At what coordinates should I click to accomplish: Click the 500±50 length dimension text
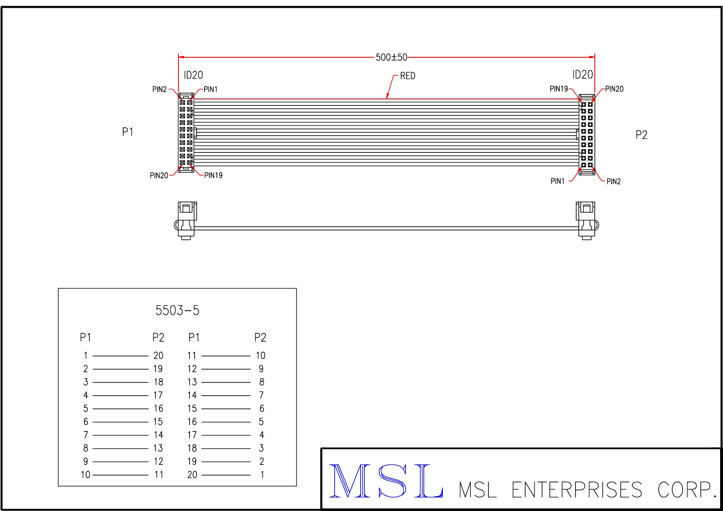tap(391, 57)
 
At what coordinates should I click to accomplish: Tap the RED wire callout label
tap(408, 76)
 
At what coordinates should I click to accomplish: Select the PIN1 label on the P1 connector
tap(211, 89)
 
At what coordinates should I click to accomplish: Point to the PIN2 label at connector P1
tap(160, 89)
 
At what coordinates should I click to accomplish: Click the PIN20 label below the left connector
tap(159, 176)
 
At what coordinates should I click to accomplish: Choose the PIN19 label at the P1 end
tap(214, 176)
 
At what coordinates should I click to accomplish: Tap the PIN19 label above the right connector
tap(559, 89)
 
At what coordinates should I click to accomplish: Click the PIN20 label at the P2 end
tap(614, 89)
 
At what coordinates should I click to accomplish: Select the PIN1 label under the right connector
tap(558, 181)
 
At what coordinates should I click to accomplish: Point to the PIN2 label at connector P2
tap(613, 182)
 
